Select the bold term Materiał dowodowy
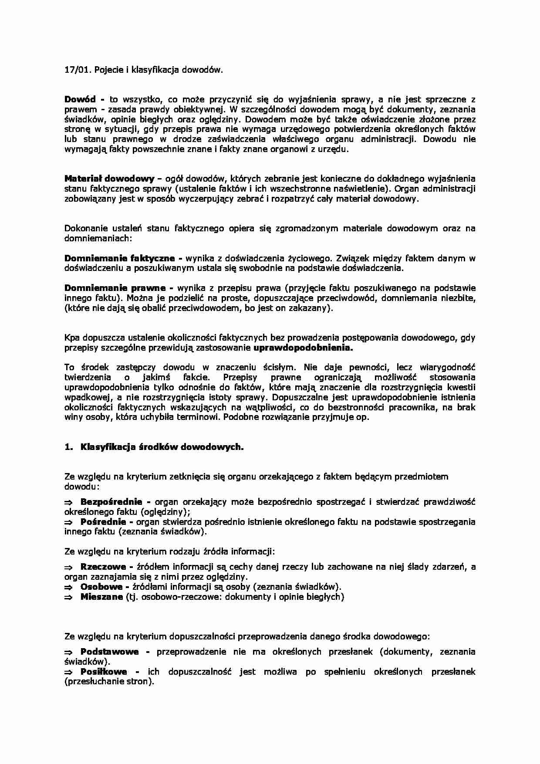point(109,179)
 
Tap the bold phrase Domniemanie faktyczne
point(120,258)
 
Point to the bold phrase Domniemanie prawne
point(115,288)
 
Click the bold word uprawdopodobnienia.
point(303,348)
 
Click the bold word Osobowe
point(101,587)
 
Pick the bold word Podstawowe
point(110,652)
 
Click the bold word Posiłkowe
point(104,672)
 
